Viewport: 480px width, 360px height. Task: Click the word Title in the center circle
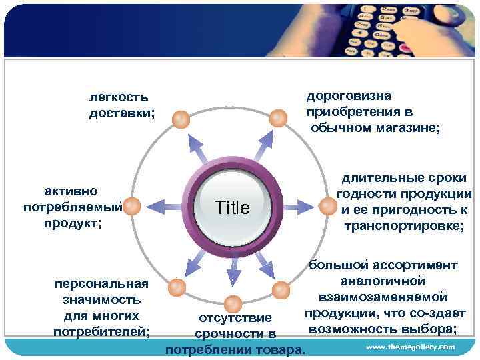coord(232,208)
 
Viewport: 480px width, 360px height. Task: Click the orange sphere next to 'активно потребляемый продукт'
coord(132,207)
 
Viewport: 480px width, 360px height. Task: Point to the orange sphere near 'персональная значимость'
coord(177,287)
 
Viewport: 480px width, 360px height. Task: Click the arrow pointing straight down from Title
coord(233,270)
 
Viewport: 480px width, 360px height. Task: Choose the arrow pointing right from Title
coord(305,206)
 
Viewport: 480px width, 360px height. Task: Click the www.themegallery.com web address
coord(410,347)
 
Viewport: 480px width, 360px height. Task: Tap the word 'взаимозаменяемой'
coord(383,297)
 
